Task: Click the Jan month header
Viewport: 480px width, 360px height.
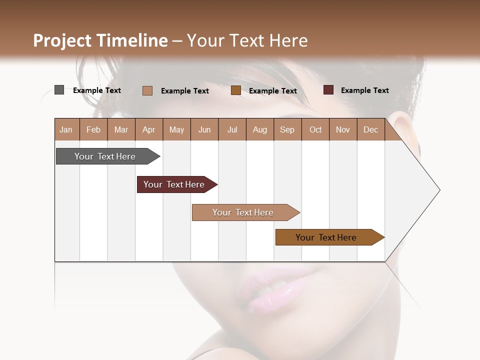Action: pyautogui.click(x=66, y=130)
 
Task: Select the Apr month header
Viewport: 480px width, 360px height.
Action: pyautogui.click(x=149, y=130)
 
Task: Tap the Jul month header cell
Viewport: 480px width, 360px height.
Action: pyautogui.click(x=232, y=130)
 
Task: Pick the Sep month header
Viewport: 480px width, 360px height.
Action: pyautogui.click(x=287, y=130)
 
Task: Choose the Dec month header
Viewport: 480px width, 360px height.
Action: pyautogui.click(x=370, y=130)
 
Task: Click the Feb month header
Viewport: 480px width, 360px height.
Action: pyautogui.click(x=93, y=130)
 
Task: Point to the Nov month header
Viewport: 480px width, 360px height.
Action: pyautogui.click(x=343, y=130)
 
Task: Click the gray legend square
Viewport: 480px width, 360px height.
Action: pyautogui.click(x=59, y=90)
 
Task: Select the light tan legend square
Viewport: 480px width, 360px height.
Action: pyautogui.click(x=147, y=90)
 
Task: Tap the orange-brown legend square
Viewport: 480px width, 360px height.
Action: pyautogui.click(x=236, y=90)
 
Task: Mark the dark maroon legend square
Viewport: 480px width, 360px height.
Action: pyautogui.click(x=328, y=90)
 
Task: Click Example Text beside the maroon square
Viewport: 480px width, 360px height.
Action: pyautogui.click(x=364, y=90)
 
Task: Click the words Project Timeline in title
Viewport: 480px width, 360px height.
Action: pyautogui.click(x=100, y=40)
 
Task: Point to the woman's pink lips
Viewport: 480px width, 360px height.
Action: pyautogui.click(x=272, y=290)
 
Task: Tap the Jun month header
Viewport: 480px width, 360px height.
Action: pyautogui.click(x=204, y=130)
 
